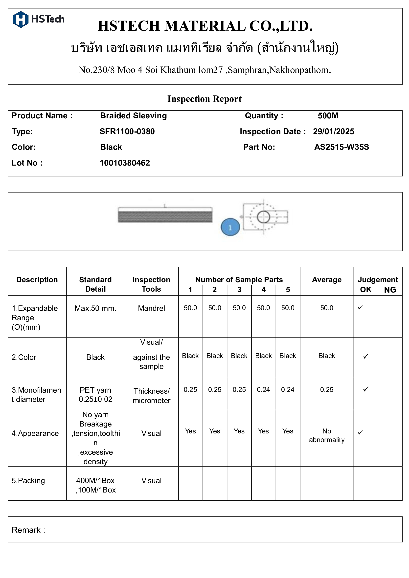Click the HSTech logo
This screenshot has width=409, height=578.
click(x=38, y=19)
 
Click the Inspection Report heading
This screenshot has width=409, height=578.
click(x=204, y=99)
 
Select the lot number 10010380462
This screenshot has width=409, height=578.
click(x=125, y=163)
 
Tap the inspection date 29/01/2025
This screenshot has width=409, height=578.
click(x=333, y=131)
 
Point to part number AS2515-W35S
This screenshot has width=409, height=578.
click(x=341, y=147)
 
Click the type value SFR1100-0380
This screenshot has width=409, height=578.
click(x=127, y=131)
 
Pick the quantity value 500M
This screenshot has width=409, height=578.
click(x=328, y=116)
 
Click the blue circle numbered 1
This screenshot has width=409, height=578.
click(x=230, y=227)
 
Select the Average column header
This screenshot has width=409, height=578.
click(x=326, y=280)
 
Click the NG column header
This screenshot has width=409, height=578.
click(x=390, y=290)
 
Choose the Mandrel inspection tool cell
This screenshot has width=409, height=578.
click(x=151, y=308)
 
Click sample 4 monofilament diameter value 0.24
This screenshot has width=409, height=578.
click(x=263, y=390)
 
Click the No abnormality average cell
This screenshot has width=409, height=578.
click(x=326, y=435)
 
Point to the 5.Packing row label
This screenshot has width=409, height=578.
click(x=28, y=481)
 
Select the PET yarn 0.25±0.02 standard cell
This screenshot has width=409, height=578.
click(x=95, y=394)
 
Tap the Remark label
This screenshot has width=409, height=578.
click(x=28, y=530)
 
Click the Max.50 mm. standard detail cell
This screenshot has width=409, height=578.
click(x=95, y=308)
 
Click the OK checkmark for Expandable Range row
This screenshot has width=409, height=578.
click(x=360, y=307)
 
